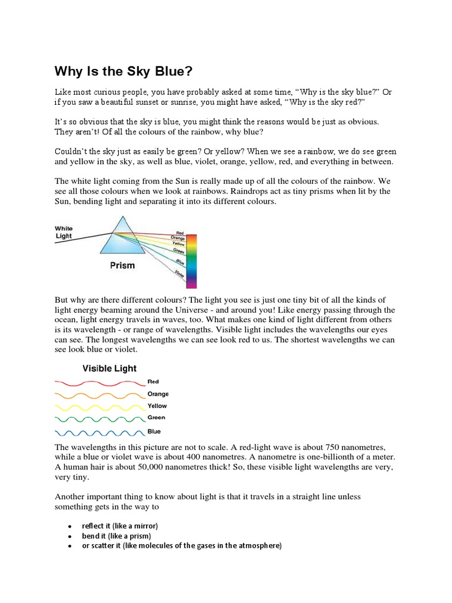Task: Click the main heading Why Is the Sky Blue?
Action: (x=124, y=72)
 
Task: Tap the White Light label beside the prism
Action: (x=64, y=232)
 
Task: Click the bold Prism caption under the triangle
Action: (x=122, y=266)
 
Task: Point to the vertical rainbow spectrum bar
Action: (x=191, y=260)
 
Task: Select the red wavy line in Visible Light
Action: (x=99, y=382)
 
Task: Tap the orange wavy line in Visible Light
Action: (x=99, y=395)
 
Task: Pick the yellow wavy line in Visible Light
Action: (x=99, y=407)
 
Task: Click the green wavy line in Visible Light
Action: (x=99, y=419)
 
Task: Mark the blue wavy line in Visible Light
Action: (x=99, y=432)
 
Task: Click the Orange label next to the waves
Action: (x=158, y=394)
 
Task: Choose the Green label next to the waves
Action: (x=156, y=418)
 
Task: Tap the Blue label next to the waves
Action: (x=154, y=432)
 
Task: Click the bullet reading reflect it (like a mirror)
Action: (x=120, y=525)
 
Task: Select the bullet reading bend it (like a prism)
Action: (x=117, y=536)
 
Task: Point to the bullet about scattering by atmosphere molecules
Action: (x=182, y=546)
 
